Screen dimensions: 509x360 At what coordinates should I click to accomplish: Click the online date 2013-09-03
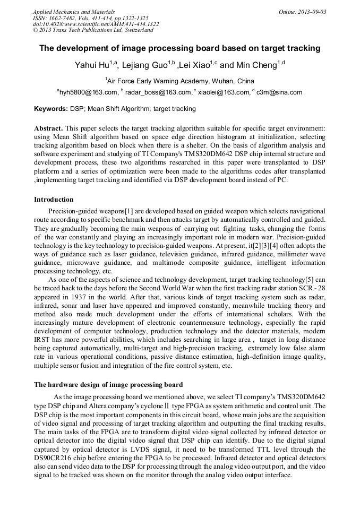312,11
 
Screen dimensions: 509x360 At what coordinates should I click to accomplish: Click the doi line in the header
96,24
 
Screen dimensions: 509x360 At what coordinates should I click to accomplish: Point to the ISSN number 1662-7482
58,18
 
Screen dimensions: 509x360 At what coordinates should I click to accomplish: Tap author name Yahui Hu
92,65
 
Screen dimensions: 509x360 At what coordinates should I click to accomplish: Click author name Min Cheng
255,65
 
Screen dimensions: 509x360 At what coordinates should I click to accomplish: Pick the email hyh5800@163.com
88,92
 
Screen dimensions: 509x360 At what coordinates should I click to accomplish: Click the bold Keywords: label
51,109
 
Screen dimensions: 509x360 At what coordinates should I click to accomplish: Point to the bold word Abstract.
48,128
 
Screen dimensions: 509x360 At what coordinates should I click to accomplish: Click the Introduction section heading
54,200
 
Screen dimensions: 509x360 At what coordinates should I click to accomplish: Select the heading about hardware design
108,384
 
